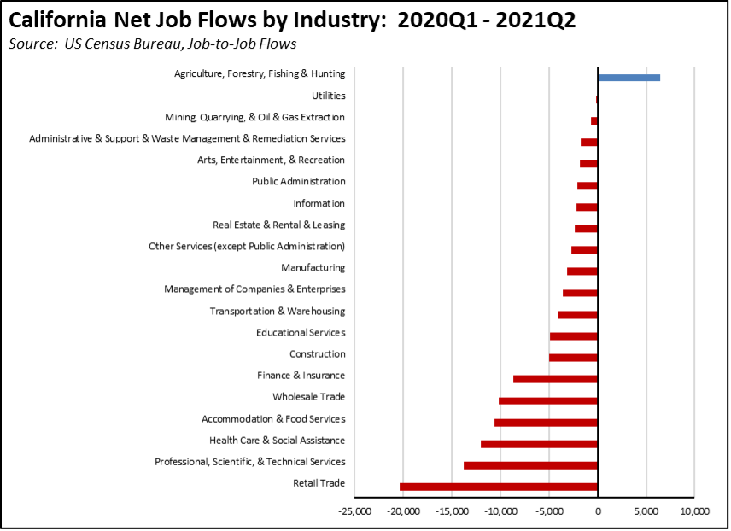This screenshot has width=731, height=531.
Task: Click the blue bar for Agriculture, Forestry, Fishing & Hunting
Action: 629,78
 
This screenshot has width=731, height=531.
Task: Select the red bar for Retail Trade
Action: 499,487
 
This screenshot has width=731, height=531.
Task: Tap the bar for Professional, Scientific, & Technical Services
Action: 530,465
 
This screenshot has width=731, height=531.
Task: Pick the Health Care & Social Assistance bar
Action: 539,444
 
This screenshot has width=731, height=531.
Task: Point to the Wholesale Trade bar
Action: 548,400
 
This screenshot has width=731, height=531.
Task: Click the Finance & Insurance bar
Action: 555,379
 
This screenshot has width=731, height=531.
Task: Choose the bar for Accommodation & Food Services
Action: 546,423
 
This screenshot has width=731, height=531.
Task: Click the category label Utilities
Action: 329,96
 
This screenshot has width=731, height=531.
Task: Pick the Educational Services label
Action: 301,333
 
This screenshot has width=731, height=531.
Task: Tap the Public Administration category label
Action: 298,182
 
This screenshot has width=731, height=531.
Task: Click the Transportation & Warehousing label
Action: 278,312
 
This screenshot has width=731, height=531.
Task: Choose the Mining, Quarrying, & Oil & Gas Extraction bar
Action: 594,120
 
